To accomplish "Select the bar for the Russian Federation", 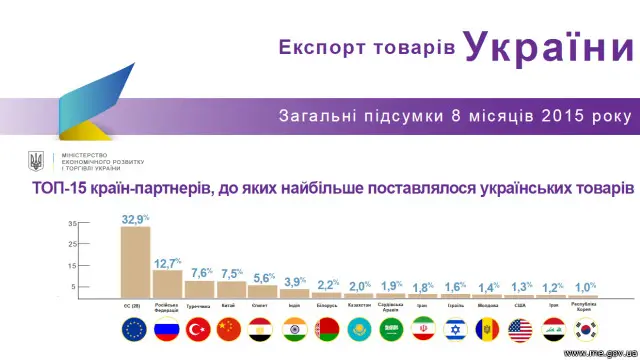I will (x=167, y=284).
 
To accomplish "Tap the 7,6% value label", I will (x=201, y=273).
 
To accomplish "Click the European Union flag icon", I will (x=134, y=328).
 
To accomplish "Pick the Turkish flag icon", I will (x=199, y=328).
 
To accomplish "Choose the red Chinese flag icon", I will (x=231, y=328).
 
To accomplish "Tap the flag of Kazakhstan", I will (x=359, y=328).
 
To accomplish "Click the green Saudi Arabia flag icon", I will (x=391, y=328).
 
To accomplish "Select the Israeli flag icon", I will (x=455, y=328).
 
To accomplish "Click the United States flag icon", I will (x=519, y=328).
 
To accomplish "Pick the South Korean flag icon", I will (x=583, y=328).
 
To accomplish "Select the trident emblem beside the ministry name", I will (x=37, y=161).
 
